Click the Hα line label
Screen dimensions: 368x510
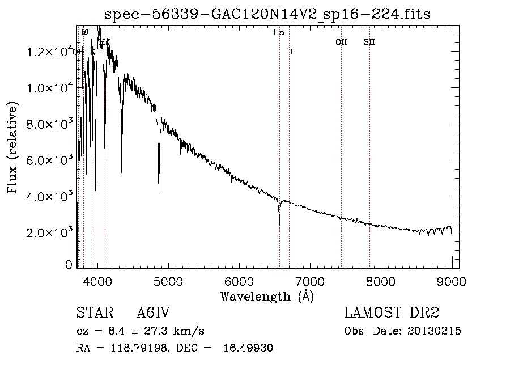(278, 33)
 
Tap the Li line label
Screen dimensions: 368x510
(289, 52)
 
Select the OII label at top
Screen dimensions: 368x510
(341, 42)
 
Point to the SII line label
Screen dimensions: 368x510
(369, 42)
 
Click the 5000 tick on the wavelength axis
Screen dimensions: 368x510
(168, 281)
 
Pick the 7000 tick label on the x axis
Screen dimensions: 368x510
(310, 281)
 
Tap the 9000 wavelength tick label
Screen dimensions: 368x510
(452, 281)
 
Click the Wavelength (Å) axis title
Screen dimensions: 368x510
(267, 296)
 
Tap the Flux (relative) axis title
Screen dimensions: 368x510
(12, 147)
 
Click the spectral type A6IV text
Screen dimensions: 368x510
(153, 314)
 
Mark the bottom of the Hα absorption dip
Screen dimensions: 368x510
(279, 224)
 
